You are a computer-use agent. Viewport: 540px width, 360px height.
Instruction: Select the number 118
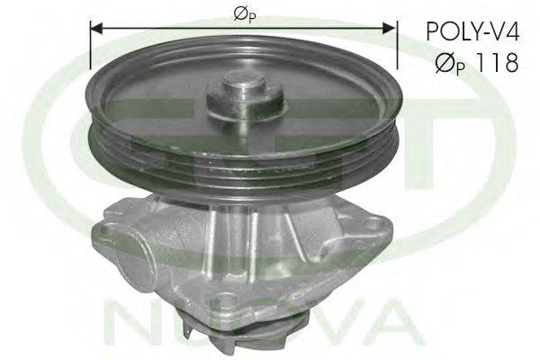click(x=496, y=62)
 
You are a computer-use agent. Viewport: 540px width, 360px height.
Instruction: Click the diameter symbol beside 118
click(x=445, y=62)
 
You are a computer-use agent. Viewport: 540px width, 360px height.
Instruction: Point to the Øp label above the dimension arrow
click(x=245, y=14)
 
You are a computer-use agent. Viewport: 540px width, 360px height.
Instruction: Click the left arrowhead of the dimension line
click(x=96, y=29)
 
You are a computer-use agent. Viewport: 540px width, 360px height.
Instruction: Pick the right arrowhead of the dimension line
click(x=389, y=29)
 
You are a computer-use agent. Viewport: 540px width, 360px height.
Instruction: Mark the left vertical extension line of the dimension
click(x=90, y=45)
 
